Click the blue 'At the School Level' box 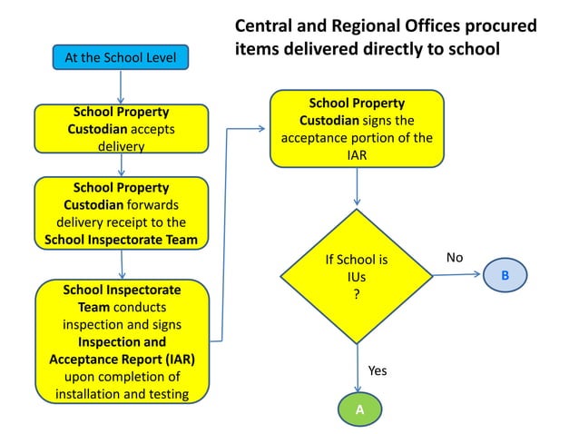121,58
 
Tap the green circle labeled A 358,409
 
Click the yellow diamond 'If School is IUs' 357,275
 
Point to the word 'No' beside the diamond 455,258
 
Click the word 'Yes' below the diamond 378,370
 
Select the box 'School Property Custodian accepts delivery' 121,129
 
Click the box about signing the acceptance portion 357,128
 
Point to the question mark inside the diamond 357,292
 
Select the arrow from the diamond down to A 358,368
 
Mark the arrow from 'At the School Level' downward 121,87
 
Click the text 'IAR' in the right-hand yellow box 357,155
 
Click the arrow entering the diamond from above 358,188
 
